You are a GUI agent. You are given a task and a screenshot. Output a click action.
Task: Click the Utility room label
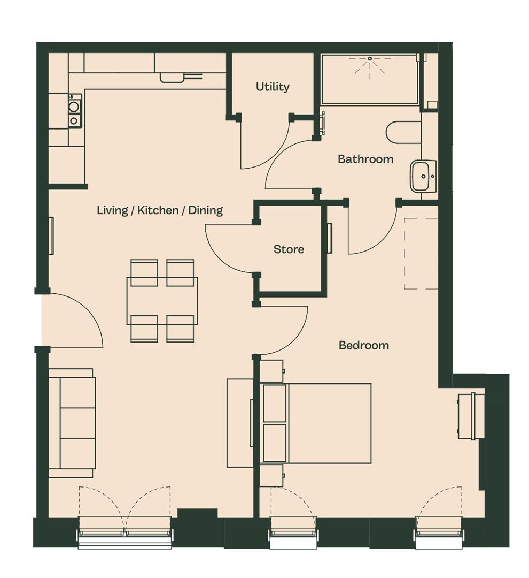click(273, 87)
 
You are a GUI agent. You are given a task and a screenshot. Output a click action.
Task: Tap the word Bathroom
click(365, 159)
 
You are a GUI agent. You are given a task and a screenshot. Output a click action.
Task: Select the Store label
click(289, 249)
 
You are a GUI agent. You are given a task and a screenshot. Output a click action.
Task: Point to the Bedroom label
click(364, 345)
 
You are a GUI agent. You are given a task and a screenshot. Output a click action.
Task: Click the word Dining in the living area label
click(205, 210)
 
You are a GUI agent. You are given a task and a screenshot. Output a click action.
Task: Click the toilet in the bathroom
click(403, 132)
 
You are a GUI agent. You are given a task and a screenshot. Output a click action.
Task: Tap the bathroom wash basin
click(423, 176)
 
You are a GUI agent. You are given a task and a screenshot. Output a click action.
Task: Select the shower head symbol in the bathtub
click(370, 66)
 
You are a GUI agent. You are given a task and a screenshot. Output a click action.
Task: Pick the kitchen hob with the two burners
click(74, 110)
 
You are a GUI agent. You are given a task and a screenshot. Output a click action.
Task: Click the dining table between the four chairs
click(162, 301)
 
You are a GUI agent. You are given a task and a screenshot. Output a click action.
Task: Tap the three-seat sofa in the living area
click(72, 423)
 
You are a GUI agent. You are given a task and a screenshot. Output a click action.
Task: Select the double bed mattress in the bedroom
click(315, 423)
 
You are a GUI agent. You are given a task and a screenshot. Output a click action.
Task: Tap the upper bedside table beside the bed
click(271, 371)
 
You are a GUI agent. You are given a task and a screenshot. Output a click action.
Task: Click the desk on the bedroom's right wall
click(471, 416)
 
